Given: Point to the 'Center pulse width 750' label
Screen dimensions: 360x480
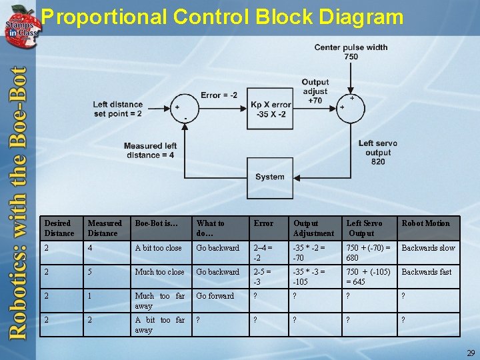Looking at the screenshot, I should (x=351, y=52).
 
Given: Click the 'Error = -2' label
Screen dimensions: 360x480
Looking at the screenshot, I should (x=219, y=95).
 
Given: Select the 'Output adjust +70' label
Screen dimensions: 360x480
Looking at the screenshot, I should (x=315, y=91).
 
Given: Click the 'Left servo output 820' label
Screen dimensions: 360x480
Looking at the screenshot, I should (x=378, y=153).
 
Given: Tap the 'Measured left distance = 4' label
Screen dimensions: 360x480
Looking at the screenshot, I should (x=150, y=151).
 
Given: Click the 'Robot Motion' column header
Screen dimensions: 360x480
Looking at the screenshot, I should (x=425, y=223).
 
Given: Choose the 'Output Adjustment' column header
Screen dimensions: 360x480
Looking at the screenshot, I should (x=313, y=228).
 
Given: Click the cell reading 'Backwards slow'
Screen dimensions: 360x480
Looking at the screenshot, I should (x=428, y=248).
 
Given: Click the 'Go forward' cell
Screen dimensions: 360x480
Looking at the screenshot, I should (x=215, y=296).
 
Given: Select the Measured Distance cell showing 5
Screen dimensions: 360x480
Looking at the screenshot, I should (x=91, y=272).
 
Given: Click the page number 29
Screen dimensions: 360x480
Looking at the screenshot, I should (x=471, y=352).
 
